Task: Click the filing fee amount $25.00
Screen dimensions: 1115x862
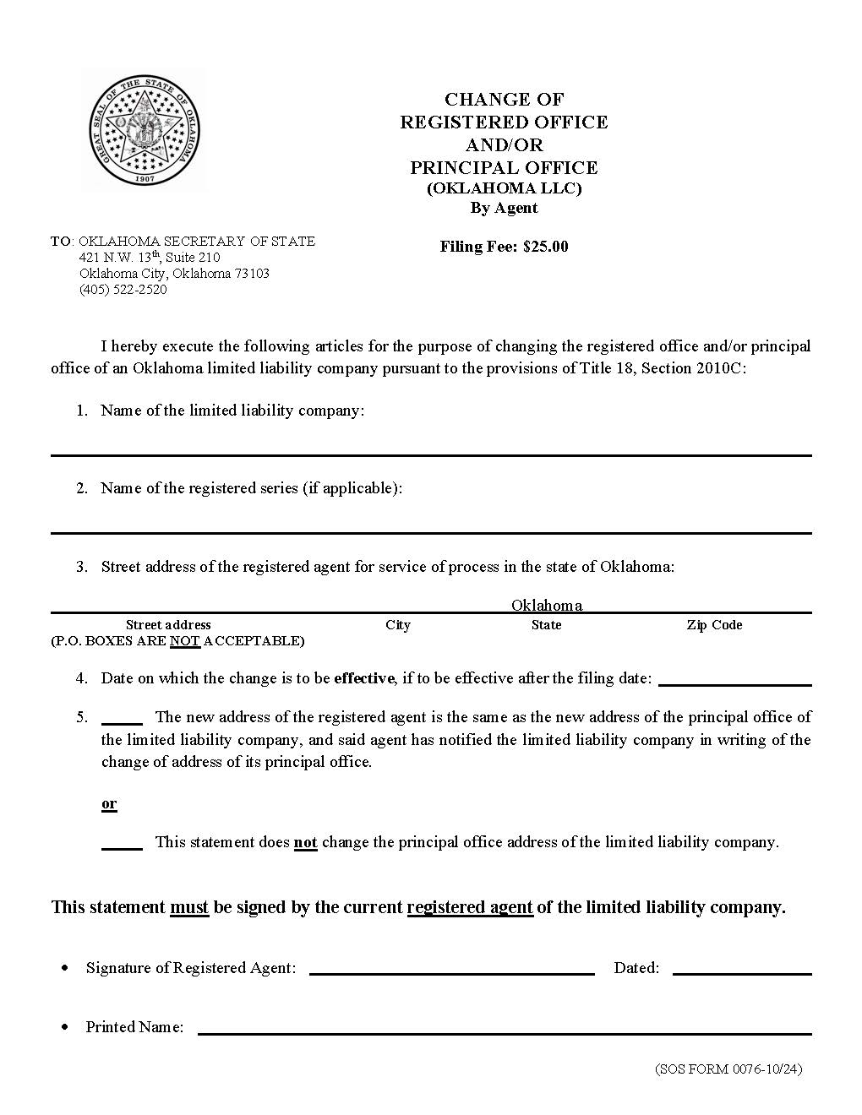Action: tap(545, 247)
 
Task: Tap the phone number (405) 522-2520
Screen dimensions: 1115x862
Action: tap(123, 290)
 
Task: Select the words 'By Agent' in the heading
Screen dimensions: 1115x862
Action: tap(504, 208)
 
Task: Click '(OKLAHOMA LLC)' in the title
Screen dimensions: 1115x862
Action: tap(504, 188)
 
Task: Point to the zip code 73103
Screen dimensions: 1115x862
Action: tap(252, 274)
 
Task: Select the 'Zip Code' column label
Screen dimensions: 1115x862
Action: tap(714, 625)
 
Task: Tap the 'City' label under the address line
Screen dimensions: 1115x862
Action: tap(398, 625)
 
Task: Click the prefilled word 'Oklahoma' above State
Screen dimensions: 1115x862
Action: tap(546, 605)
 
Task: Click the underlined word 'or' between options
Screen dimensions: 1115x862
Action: tap(109, 803)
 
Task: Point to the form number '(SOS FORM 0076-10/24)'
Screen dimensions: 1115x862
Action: tap(728, 1069)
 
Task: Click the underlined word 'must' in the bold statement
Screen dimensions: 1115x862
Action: tap(189, 907)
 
